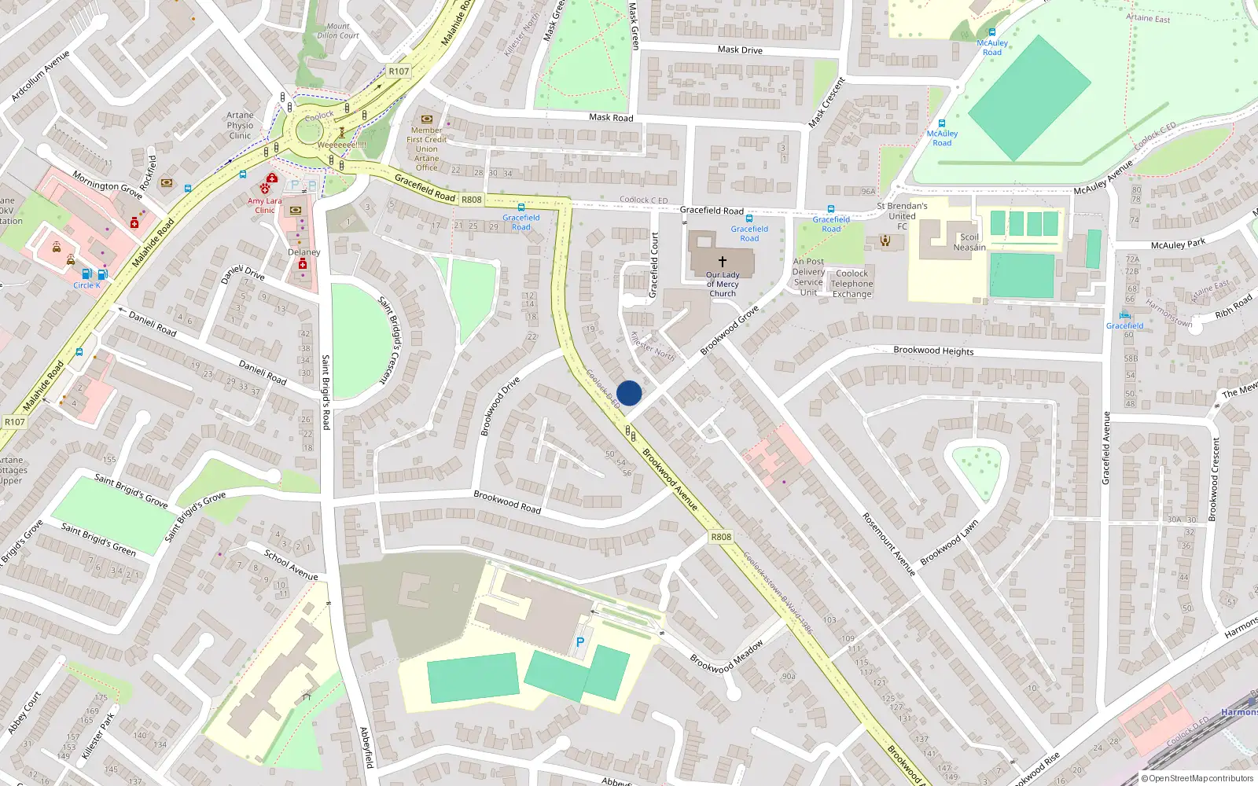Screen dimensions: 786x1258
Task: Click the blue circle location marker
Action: pyautogui.click(x=629, y=393)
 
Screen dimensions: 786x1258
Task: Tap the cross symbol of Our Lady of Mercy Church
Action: pyautogui.click(x=723, y=261)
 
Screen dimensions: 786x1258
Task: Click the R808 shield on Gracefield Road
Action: pyautogui.click(x=472, y=200)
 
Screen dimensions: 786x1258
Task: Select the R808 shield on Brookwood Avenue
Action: pyautogui.click(x=721, y=537)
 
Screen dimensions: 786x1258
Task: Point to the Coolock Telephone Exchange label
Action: pyautogui.click(x=852, y=284)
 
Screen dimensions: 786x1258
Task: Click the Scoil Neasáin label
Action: pyautogui.click(x=969, y=242)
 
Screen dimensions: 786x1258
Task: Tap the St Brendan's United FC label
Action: pyautogui.click(x=902, y=215)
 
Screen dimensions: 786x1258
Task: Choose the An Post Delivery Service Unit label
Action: pyautogui.click(x=808, y=277)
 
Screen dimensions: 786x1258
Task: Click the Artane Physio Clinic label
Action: pyautogui.click(x=241, y=125)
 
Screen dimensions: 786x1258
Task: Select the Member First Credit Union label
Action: pyautogui.click(x=427, y=149)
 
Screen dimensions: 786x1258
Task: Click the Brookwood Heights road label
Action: pyautogui.click(x=933, y=351)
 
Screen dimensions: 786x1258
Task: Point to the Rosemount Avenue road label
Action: pyautogui.click(x=889, y=544)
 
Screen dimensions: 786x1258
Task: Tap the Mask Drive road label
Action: pyautogui.click(x=740, y=50)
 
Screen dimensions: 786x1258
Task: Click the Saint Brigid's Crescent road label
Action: pyautogui.click(x=389, y=340)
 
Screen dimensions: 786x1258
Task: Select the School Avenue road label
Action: pyautogui.click(x=291, y=565)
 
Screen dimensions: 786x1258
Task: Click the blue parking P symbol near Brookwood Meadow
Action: pyautogui.click(x=580, y=642)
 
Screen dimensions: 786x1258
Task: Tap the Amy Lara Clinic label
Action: pyautogui.click(x=265, y=205)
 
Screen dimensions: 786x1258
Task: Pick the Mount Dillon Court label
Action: pyautogui.click(x=338, y=31)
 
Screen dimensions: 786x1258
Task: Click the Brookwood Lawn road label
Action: pyautogui.click(x=949, y=542)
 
